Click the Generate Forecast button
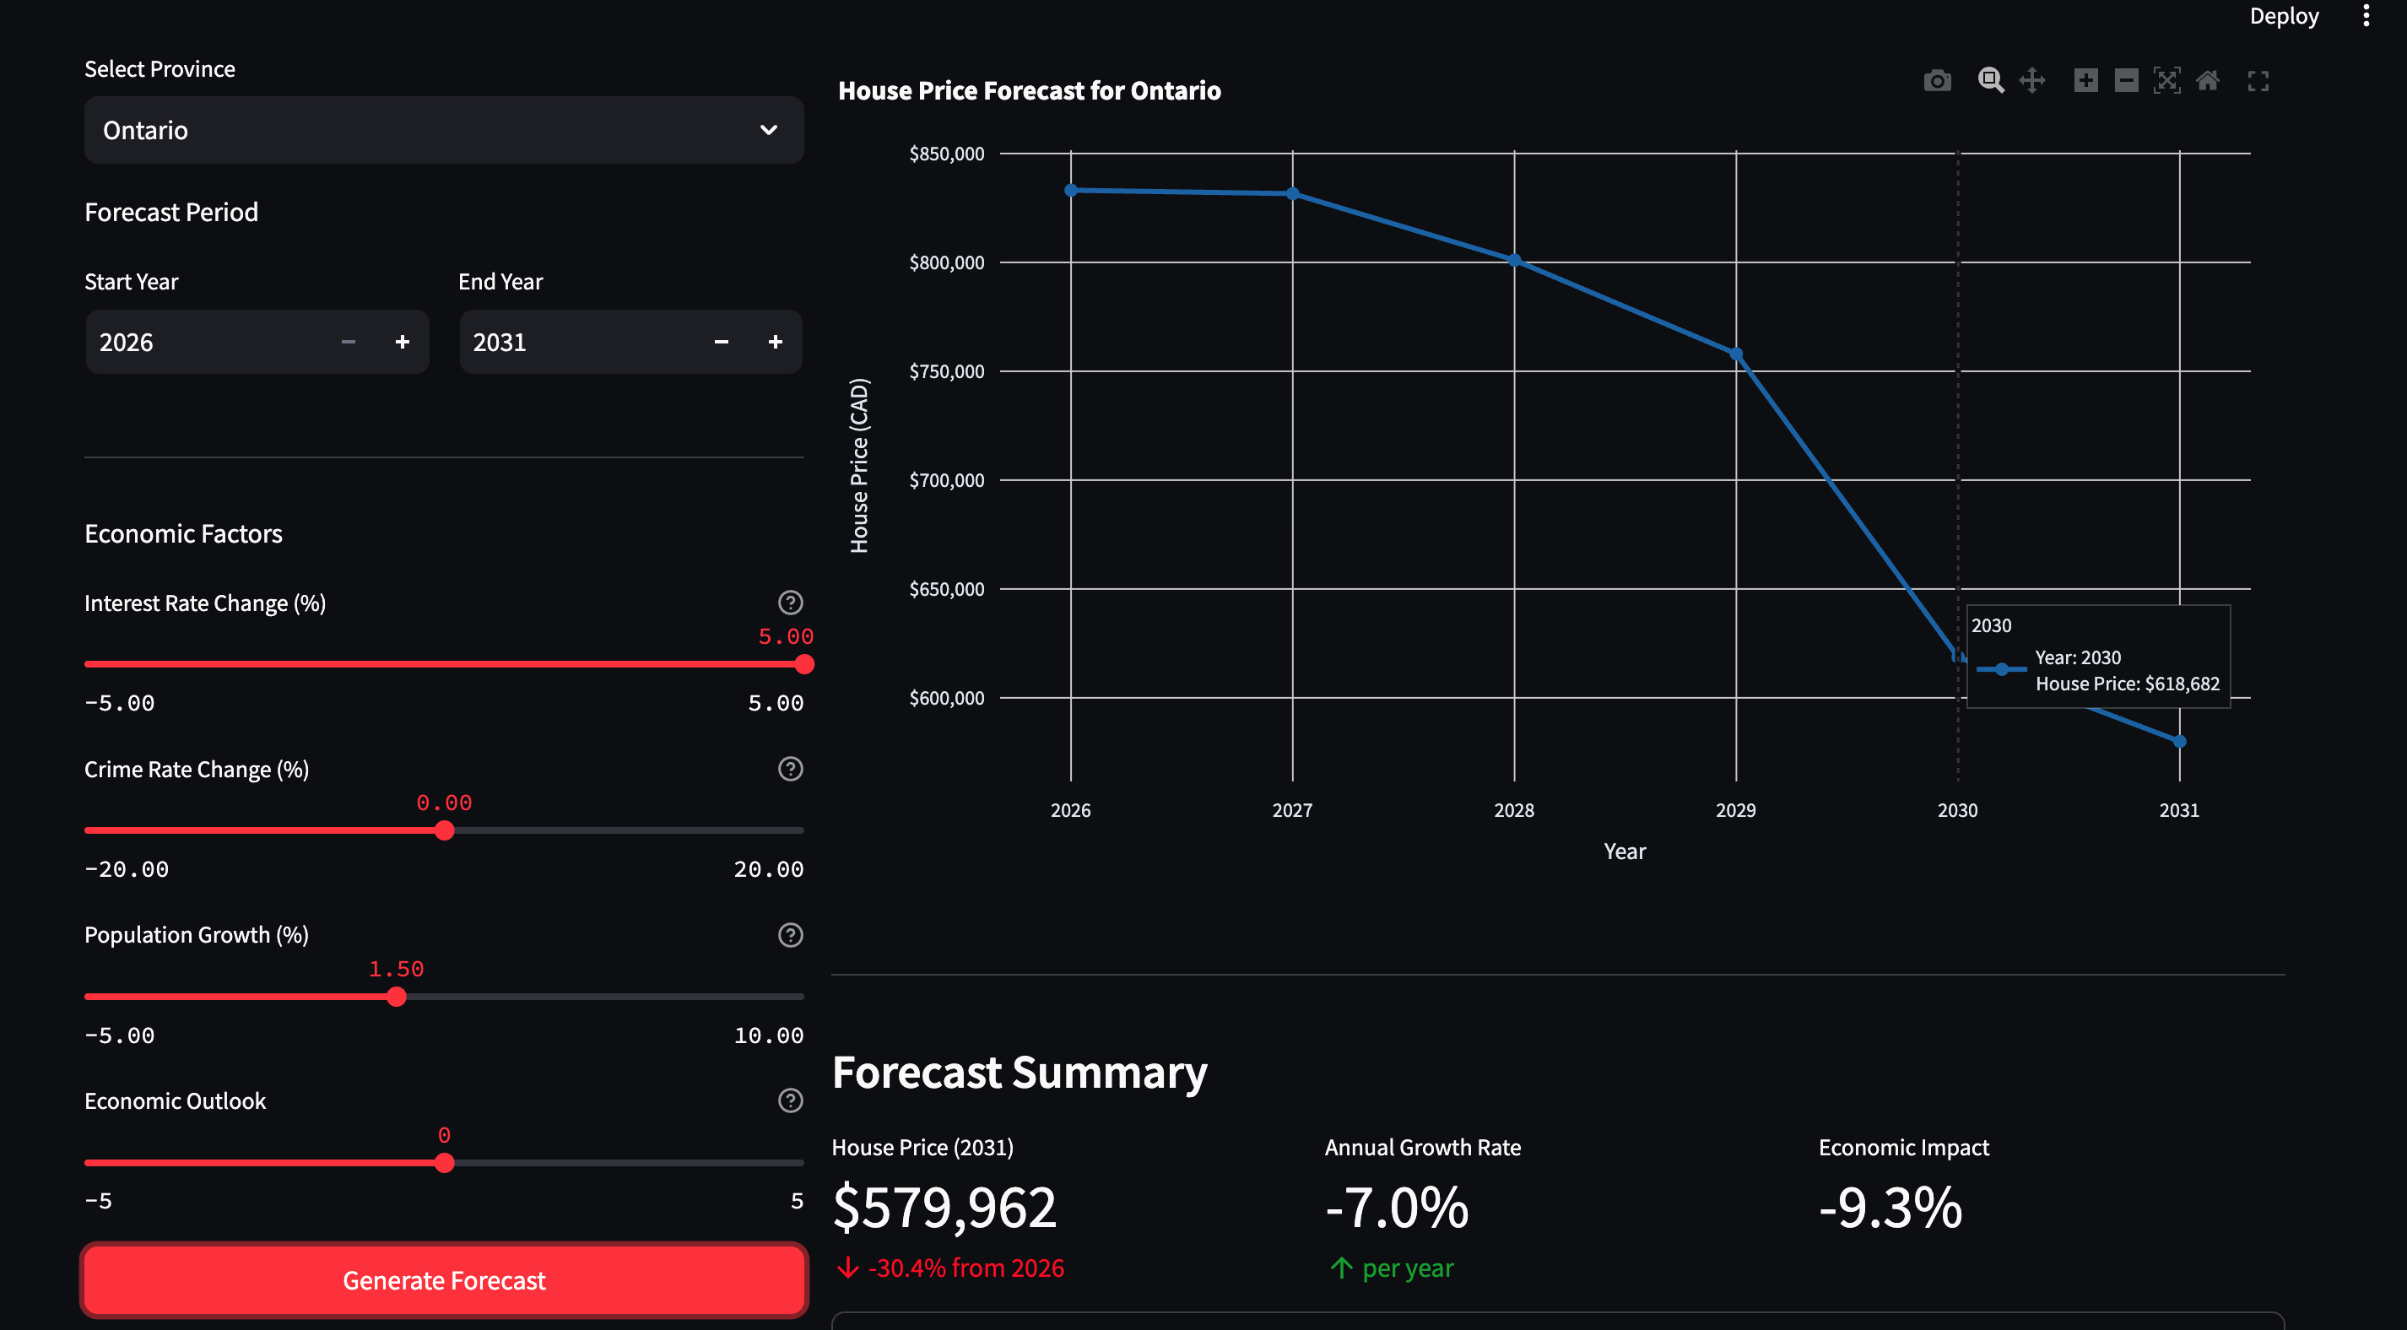coord(444,1279)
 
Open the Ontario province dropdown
coord(444,130)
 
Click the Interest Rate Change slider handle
coord(803,664)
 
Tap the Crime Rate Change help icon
coord(791,769)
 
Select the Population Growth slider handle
coord(396,997)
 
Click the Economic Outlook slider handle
coord(444,1163)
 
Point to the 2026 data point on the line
coord(1071,191)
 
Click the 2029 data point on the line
coord(1736,354)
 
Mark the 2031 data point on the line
coord(2179,741)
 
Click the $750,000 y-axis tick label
coord(947,371)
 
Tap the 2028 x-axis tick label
coord(1514,810)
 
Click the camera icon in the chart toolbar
coord(1937,81)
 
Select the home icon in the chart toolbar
coord(2207,81)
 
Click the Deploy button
coord(2284,16)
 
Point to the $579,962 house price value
coord(944,1207)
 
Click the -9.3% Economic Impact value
coord(1890,1207)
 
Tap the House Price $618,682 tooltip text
coord(2127,684)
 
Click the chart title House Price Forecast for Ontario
coord(1029,90)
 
